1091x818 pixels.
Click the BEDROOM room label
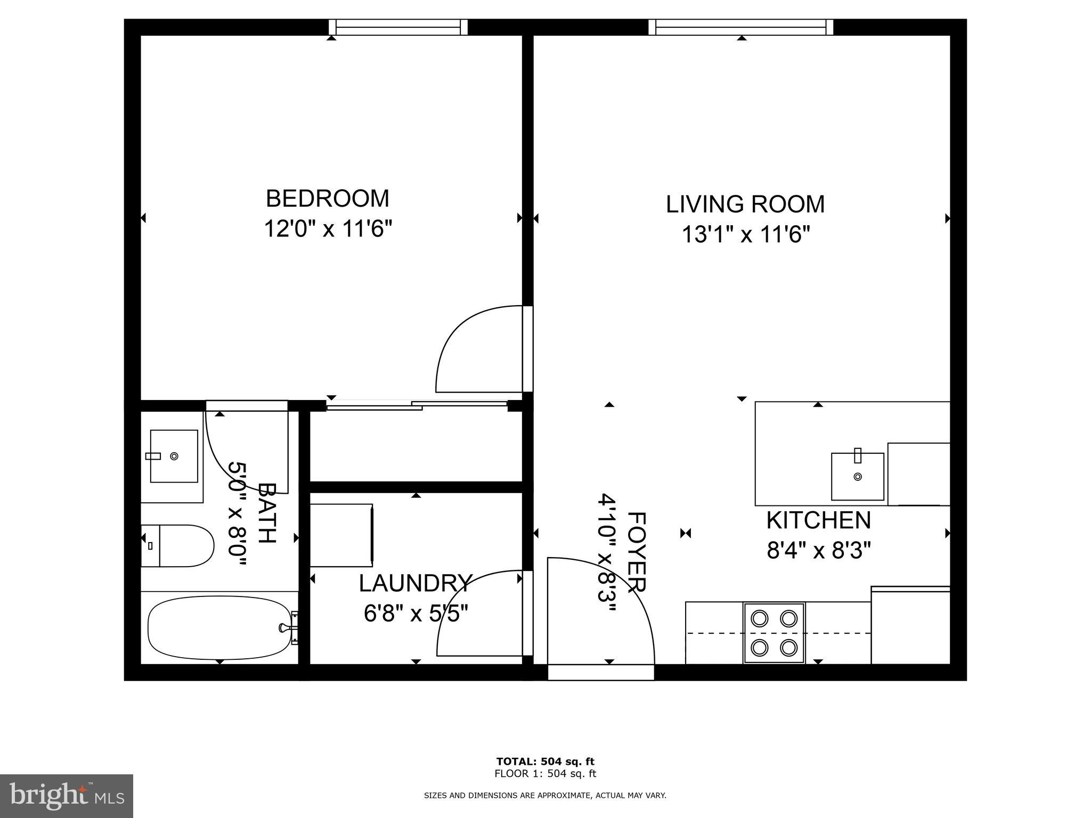[x=327, y=199]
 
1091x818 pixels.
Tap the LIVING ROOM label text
[x=745, y=204]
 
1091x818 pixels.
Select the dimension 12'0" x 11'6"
[x=328, y=230]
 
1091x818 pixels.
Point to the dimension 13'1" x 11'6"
[x=746, y=234]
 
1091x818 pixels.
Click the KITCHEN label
[x=818, y=520]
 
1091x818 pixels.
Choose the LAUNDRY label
[x=416, y=584]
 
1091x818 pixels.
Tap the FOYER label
[x=637, y=552]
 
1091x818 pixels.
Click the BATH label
[x=267, y=513]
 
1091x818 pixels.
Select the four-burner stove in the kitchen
[x=774, y=633]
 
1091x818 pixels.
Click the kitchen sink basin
[x=857, y=476]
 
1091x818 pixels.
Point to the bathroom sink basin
[x=174, y=456]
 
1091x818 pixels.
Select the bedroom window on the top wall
[x=398, y=27]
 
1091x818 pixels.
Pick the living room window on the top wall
[x=740, y=27]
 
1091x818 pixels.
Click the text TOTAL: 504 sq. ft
[x=545, y=761]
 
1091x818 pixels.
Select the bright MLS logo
[x=67, y=796]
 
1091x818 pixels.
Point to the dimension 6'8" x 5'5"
[x=416, y=614]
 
